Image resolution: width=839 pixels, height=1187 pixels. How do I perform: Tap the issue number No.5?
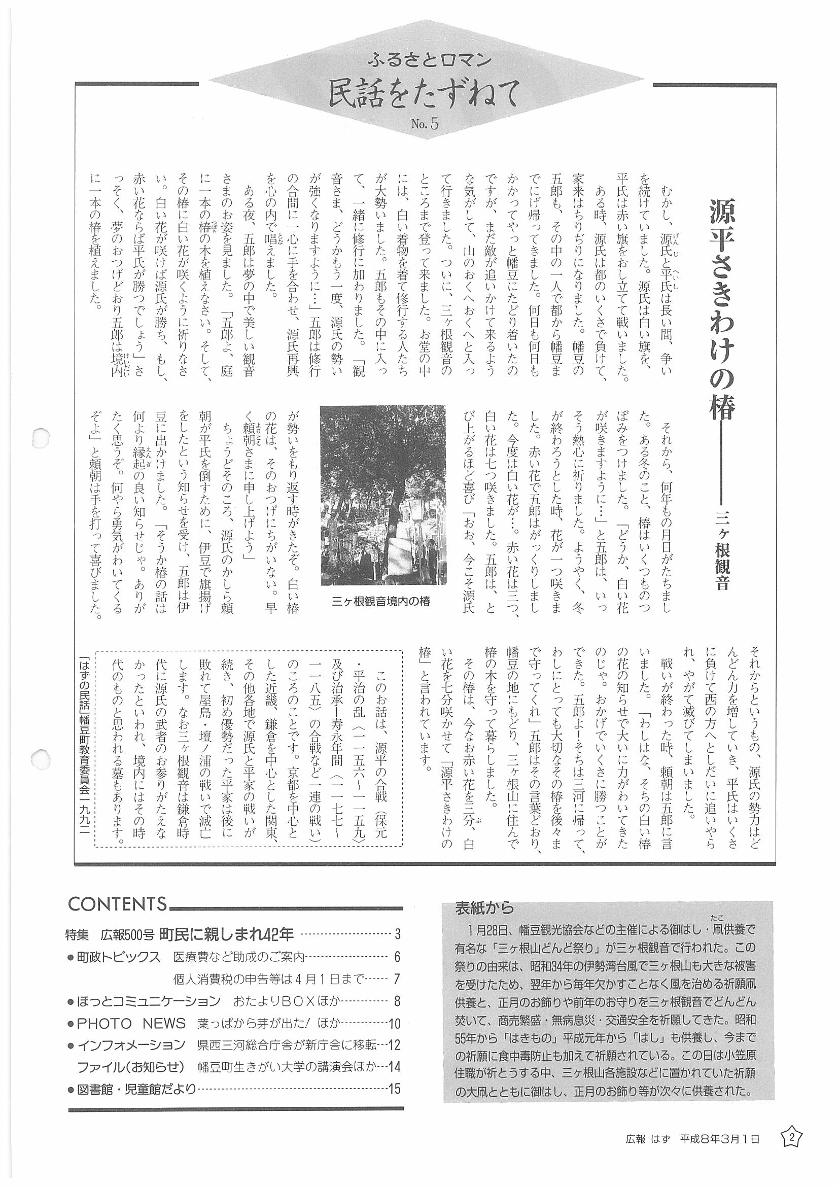point(425,125)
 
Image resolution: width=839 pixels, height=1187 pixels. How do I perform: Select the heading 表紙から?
point(484,907)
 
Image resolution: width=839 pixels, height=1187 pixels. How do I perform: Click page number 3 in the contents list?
point(398,934)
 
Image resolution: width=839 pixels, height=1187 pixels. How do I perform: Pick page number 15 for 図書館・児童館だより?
point(395,1074)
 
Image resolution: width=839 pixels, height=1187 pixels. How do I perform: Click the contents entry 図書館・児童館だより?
point(136,1074)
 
